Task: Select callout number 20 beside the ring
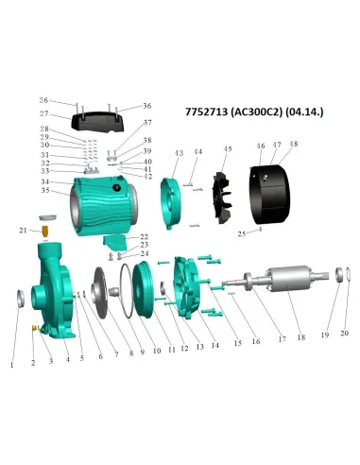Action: point(344,333)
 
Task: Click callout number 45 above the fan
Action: point(227,148)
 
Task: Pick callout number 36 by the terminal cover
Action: point(146,106)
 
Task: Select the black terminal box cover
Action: point(97,121)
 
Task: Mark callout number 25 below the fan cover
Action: point(241,232)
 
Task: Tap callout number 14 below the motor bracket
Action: point(215,346)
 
